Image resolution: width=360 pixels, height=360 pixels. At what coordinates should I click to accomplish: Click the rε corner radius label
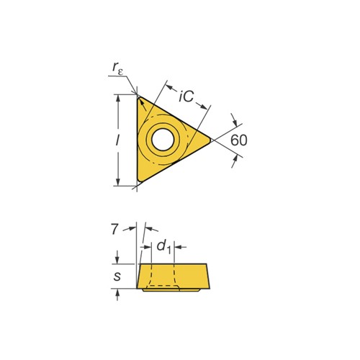coord(117,68)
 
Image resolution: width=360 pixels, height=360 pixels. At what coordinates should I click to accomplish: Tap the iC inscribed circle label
coord(186,96)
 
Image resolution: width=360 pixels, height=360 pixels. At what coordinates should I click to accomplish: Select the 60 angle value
coord(238,140)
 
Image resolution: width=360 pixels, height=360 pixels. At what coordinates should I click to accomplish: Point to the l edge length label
coord(117,140)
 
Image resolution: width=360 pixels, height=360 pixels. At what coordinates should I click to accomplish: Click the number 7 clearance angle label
coord(114,229)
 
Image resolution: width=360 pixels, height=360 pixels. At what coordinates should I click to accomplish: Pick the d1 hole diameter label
coord(163,247)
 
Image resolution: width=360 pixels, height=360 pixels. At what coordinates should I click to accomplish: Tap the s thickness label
coord(117,276)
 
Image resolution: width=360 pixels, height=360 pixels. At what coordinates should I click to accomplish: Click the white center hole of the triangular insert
coord(163,140)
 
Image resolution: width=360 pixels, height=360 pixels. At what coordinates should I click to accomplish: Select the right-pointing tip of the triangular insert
coord(210,140)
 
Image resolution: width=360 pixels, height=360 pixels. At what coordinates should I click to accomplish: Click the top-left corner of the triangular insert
coord(138,96)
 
